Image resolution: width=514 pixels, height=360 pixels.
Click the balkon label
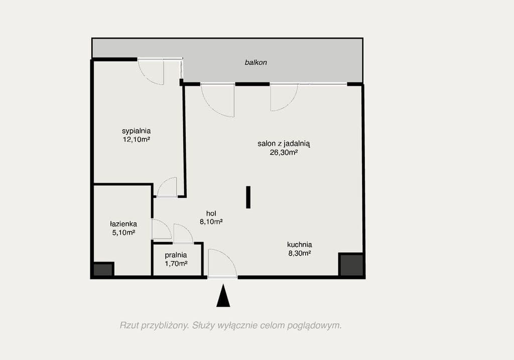(255, 62)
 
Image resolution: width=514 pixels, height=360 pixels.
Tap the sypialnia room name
(137, 131)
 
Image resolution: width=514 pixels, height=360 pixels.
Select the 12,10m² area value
(137, 140)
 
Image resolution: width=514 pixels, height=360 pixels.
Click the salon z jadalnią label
(284, 144)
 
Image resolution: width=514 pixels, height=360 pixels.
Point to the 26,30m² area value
(284, 152)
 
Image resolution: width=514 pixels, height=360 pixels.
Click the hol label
(211, 213)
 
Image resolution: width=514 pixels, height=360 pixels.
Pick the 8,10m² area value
(211, 221)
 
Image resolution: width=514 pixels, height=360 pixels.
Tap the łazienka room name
(123, 224)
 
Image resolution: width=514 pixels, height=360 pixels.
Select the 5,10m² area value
(123, 232)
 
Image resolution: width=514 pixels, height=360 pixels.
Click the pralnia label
(176, 255)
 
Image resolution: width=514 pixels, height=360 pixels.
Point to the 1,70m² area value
(176, 263)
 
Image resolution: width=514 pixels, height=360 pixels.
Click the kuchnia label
(300, 245)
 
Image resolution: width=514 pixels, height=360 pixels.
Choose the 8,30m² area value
(300, 253)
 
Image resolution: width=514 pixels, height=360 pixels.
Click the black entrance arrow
(223, 296)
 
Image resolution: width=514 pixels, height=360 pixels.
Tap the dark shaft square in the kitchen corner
(351, 265)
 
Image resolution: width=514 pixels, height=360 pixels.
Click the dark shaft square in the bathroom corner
(103, 270)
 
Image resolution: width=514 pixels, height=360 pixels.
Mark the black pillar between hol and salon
(248, 197)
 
